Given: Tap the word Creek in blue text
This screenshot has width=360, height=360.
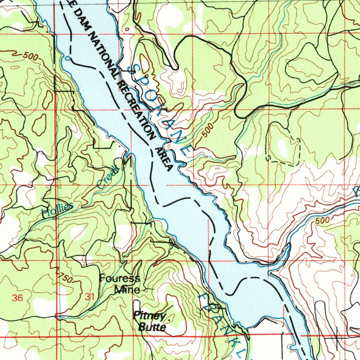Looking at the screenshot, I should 109,177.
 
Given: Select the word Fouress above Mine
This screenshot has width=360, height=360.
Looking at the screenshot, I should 119,279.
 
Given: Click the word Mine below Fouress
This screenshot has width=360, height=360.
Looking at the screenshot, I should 127,290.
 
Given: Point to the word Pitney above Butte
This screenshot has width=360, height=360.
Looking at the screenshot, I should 149,315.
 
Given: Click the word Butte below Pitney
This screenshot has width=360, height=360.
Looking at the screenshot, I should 152,327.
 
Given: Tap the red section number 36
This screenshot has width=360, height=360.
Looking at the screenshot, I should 17,298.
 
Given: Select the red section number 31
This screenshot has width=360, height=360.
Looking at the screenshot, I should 90,297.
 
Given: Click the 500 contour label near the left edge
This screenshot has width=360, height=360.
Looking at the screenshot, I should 31,56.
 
